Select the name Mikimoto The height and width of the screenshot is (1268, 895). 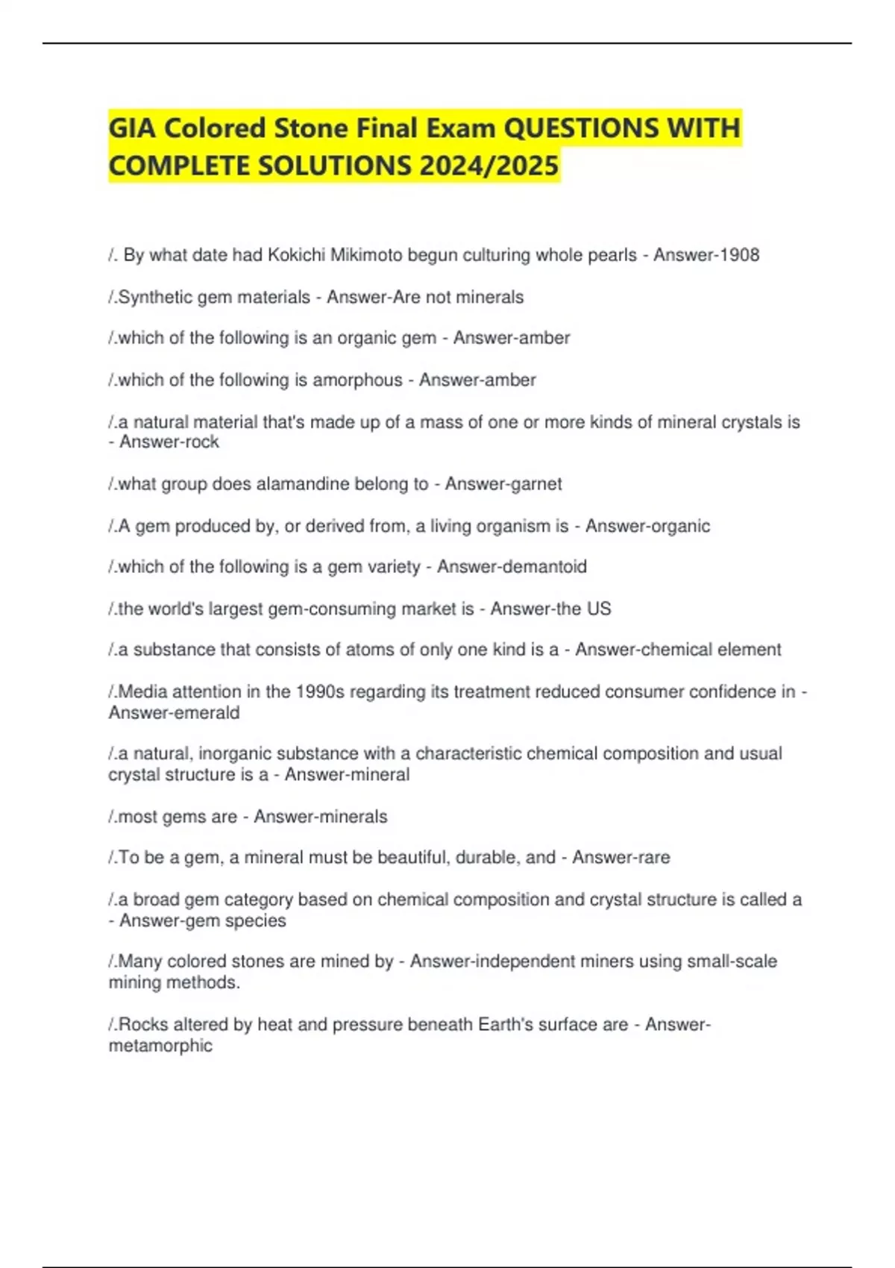(x=370, y=255)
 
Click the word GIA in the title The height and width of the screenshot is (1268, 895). (x=132, y=128)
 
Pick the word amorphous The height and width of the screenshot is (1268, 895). (x=357, y=380)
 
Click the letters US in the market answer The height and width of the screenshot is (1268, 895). (x=599, y=609)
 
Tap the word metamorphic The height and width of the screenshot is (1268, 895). (x=160, y=1046)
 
